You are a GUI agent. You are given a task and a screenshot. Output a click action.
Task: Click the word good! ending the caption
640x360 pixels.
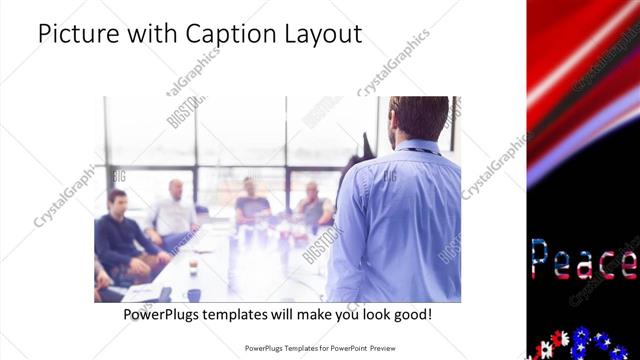(x=412, y=314)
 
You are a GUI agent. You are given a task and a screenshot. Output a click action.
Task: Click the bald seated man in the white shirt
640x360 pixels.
(x=173, y=210)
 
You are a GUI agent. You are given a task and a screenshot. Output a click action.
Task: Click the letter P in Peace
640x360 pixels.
(x=541, y=260)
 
